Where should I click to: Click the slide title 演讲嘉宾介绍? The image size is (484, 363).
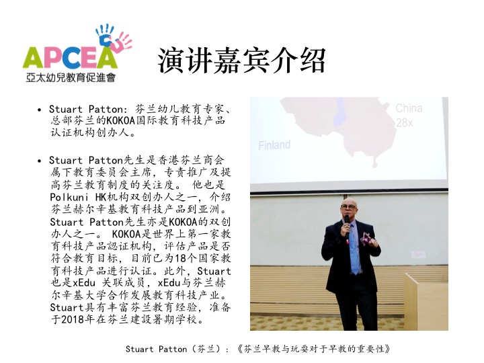click(242, 61)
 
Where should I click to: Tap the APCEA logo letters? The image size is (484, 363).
click(70, 57)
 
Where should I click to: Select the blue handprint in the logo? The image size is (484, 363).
click(104, 35)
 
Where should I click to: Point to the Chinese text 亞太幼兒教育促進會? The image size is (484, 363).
click(71, 77)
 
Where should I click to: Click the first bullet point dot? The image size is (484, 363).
click(39, 110)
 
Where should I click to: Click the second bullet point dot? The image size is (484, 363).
click(39, 161)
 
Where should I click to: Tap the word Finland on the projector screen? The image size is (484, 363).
click(274, 145)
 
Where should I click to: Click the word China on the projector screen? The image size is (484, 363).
click(409, 108)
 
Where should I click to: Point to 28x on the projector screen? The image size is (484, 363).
click(405, 123)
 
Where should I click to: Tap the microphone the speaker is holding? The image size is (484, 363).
click(347, 225)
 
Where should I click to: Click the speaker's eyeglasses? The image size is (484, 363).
click(349, 207)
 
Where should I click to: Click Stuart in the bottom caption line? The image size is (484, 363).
click(140, 349)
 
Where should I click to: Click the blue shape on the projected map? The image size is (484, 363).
click(339, 114)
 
